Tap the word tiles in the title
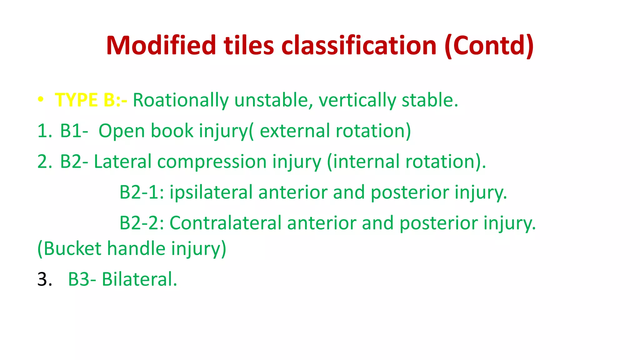tap(248, 46)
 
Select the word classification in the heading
tap(358, 46)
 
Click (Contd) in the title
tap(489, 46)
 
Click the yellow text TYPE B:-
tap(91, 100)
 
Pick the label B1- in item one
tap(74, 131)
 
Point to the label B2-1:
tap(142, 192)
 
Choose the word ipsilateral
tap(211, 192)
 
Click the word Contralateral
tap(225, 223)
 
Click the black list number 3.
tap(44, 279)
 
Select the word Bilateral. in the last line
tap(139, 279)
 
